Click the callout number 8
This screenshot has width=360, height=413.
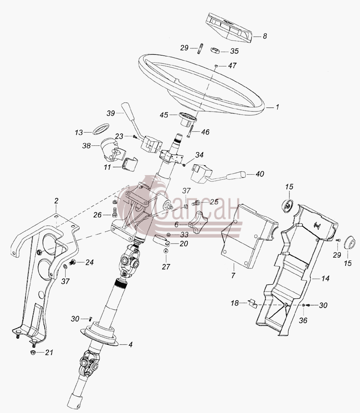265,36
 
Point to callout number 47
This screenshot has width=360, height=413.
232,65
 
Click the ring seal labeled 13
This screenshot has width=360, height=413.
102,129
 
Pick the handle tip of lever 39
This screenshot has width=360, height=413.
126,109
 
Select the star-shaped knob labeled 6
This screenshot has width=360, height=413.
198,225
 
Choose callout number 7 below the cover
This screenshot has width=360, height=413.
233,276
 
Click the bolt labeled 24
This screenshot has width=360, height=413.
72,262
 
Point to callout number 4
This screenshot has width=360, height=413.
130,344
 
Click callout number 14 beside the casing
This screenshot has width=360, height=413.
325,278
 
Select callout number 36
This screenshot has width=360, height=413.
303,320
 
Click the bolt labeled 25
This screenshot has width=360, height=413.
196,203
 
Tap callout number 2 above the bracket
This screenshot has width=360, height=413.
56,201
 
